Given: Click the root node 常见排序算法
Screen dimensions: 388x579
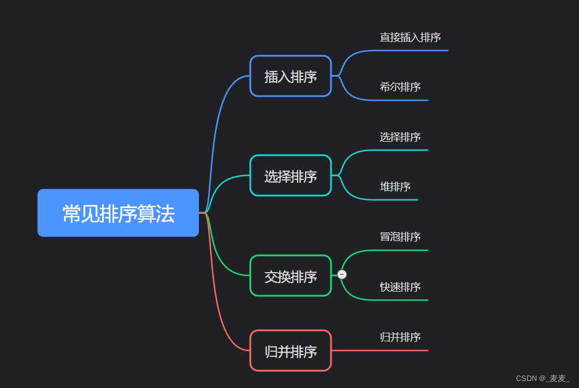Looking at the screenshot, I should pyautogui.click(x=118, y=213).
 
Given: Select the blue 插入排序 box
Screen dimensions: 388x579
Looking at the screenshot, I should pyautogui.click(x=291, y=76).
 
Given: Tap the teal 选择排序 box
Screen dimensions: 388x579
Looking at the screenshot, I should pyautogui.click(x=291, y=176).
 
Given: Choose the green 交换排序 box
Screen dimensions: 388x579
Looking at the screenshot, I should pyautogui.click(x=291, y=276).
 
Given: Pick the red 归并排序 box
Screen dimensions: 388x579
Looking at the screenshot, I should pyautogui.click(x=291, y=351).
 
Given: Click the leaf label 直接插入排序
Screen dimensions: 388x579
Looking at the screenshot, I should pyautogui.click(x=410, y=37).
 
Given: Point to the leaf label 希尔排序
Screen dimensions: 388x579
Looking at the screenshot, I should pyautogui.click(x=400, y=87).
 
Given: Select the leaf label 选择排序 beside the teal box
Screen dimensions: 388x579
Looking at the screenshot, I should pyautogui.click(x=400, y=137).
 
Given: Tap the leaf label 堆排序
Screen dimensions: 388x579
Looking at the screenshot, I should pyautogui.click(x=395, y=187).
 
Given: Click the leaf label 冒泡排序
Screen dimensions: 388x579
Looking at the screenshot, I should pyautogui.click(x=400, y=237).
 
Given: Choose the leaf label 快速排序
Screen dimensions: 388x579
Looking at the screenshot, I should pyautogui.click(x=400, y=287).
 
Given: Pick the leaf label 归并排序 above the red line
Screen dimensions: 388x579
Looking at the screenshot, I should pyautogui.click(x=400, y=337).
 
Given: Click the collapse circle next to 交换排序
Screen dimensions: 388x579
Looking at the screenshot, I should pyautogui.click(x=342, y=274).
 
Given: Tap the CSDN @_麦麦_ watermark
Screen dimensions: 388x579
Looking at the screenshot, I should pyautogui.click(x=543, y=378).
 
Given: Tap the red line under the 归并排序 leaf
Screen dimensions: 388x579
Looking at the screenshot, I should pyautogui.click(x=392, y=350).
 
